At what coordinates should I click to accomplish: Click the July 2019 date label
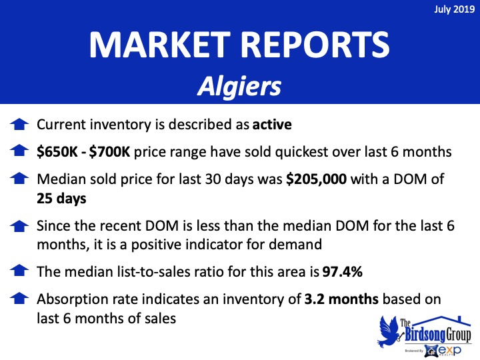(x=454, y=9)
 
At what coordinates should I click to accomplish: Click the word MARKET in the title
(x=159, y=45)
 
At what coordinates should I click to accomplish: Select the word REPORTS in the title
(x=315, y=45)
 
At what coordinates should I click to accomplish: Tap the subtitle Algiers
(x=239, y=86)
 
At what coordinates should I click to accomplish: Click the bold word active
(x=272, y=125)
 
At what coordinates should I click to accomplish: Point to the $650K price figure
(x=57, y=152)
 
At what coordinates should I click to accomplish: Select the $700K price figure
(x=109, y=152)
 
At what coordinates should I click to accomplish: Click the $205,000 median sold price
(x=316, y=179)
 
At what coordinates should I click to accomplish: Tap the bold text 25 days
(x=61, y=199)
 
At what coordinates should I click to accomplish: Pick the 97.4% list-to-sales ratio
(x=342, y=271)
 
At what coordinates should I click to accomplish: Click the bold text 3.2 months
(x=341, y=299)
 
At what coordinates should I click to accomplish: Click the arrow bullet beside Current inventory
(x=19, y=124)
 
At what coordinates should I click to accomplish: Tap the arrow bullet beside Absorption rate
(x=19, y=299)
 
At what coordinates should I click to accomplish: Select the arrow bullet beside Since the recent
(x=19, y=225)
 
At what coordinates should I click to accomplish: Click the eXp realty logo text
(x=449, y=350)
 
